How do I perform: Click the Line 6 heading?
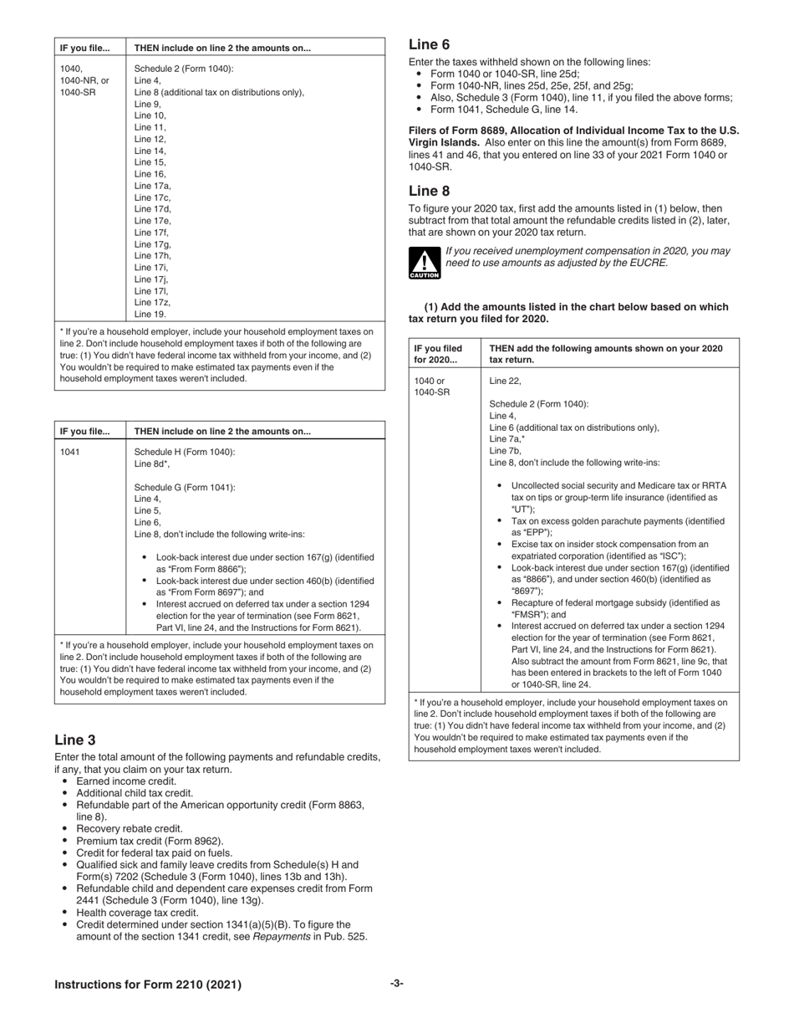tap(429, 45)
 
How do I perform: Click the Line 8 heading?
tap(429, 191)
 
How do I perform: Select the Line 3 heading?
tap(74, 740)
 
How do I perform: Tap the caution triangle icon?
tap(424, 263)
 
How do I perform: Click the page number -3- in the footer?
tap(396, 984)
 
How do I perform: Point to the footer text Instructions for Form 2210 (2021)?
tap(148, 985)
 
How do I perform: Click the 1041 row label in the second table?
tap(70, 452)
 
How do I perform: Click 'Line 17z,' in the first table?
tap(152, 303)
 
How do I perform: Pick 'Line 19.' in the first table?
tap(150, 315)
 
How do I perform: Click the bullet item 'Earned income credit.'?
tap(126, 781)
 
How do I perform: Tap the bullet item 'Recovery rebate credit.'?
tap(129, 828)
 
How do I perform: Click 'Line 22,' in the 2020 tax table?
tap(505, 381)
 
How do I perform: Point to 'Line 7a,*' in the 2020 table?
tap(506, 438)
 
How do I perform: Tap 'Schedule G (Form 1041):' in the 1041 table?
tap(185, 487)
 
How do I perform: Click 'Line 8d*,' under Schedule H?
tap(152, 463)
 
